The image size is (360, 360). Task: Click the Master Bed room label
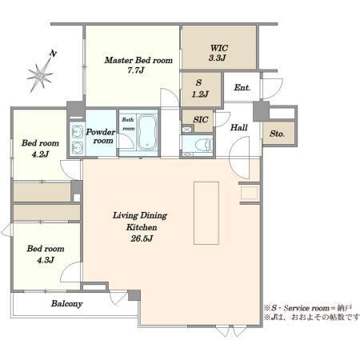coord(138,60)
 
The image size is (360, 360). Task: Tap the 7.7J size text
coord(136,70)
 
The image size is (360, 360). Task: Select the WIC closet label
coord(219,48)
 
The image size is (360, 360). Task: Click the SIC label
coord(201,119)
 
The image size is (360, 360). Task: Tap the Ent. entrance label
coord(242,87)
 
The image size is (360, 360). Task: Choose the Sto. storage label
coord(277,134)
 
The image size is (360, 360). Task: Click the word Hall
coord(239,127)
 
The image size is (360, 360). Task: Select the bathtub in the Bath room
coord(148,132)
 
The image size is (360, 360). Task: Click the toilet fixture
coord(204,145)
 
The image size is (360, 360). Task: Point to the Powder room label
coord(101,136)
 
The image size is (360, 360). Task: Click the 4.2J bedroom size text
coord(40,154)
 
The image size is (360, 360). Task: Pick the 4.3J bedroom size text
coord(46,260)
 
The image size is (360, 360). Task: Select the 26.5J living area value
coord(142,238)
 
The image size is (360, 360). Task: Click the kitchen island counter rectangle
coord(206,213)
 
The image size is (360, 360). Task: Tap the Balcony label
coord(67,304)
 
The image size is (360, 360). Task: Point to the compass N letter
coord(54,54)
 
